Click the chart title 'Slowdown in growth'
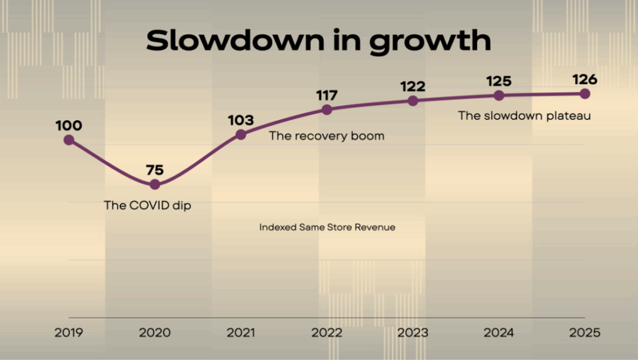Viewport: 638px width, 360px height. click(318, 40)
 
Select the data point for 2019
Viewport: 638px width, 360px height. click(69, 140)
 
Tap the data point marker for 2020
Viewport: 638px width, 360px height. click(155, 184)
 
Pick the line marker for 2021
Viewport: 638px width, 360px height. click(240, 135)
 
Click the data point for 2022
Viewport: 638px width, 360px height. click(326, 110)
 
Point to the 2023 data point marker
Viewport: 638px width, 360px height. click(412, 101)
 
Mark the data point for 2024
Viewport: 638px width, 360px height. click(498, 95)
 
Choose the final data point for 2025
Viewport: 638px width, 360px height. click(584, 93)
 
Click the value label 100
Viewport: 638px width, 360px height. click(69, 126)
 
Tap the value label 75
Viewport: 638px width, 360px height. click(155, 170)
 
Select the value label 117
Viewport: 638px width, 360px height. click(326, 95)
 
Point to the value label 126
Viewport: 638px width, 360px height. click(584, 79)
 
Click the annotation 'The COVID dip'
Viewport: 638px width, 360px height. click(147, 205)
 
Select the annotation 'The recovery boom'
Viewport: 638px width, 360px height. click(326, 136)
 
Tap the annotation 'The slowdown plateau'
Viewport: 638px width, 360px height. click(524, 115)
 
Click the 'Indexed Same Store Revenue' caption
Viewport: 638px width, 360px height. click(327, 227)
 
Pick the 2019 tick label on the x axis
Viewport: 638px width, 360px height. click(69, 333)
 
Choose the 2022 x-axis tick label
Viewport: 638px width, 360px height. click(326, 333)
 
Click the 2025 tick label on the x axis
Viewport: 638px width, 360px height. click(584, 333)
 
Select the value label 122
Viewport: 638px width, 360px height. click(412, 87)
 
